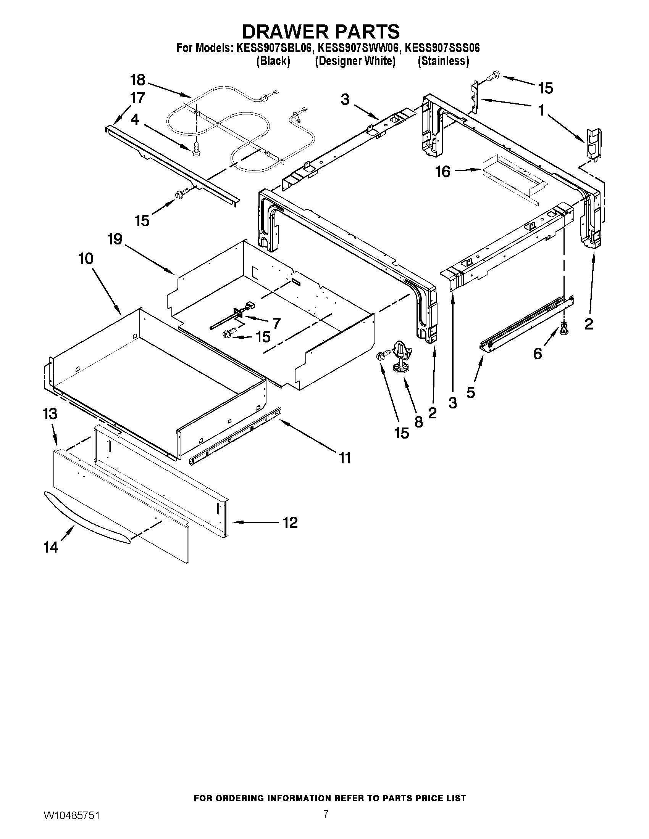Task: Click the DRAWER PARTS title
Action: click(321, 32)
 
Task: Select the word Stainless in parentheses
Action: click(443, 61)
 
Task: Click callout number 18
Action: click(138, 80)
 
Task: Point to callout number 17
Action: click(138, 98)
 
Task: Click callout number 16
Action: click(443, 172)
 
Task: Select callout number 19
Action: click(115, 239)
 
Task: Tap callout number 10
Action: click(86, 259)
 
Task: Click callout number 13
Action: click(50, 414)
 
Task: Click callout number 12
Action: click(289, 522)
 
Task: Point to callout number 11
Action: click(344, 458)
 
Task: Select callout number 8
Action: click(419, 422)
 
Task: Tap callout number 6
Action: click(537, 354)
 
